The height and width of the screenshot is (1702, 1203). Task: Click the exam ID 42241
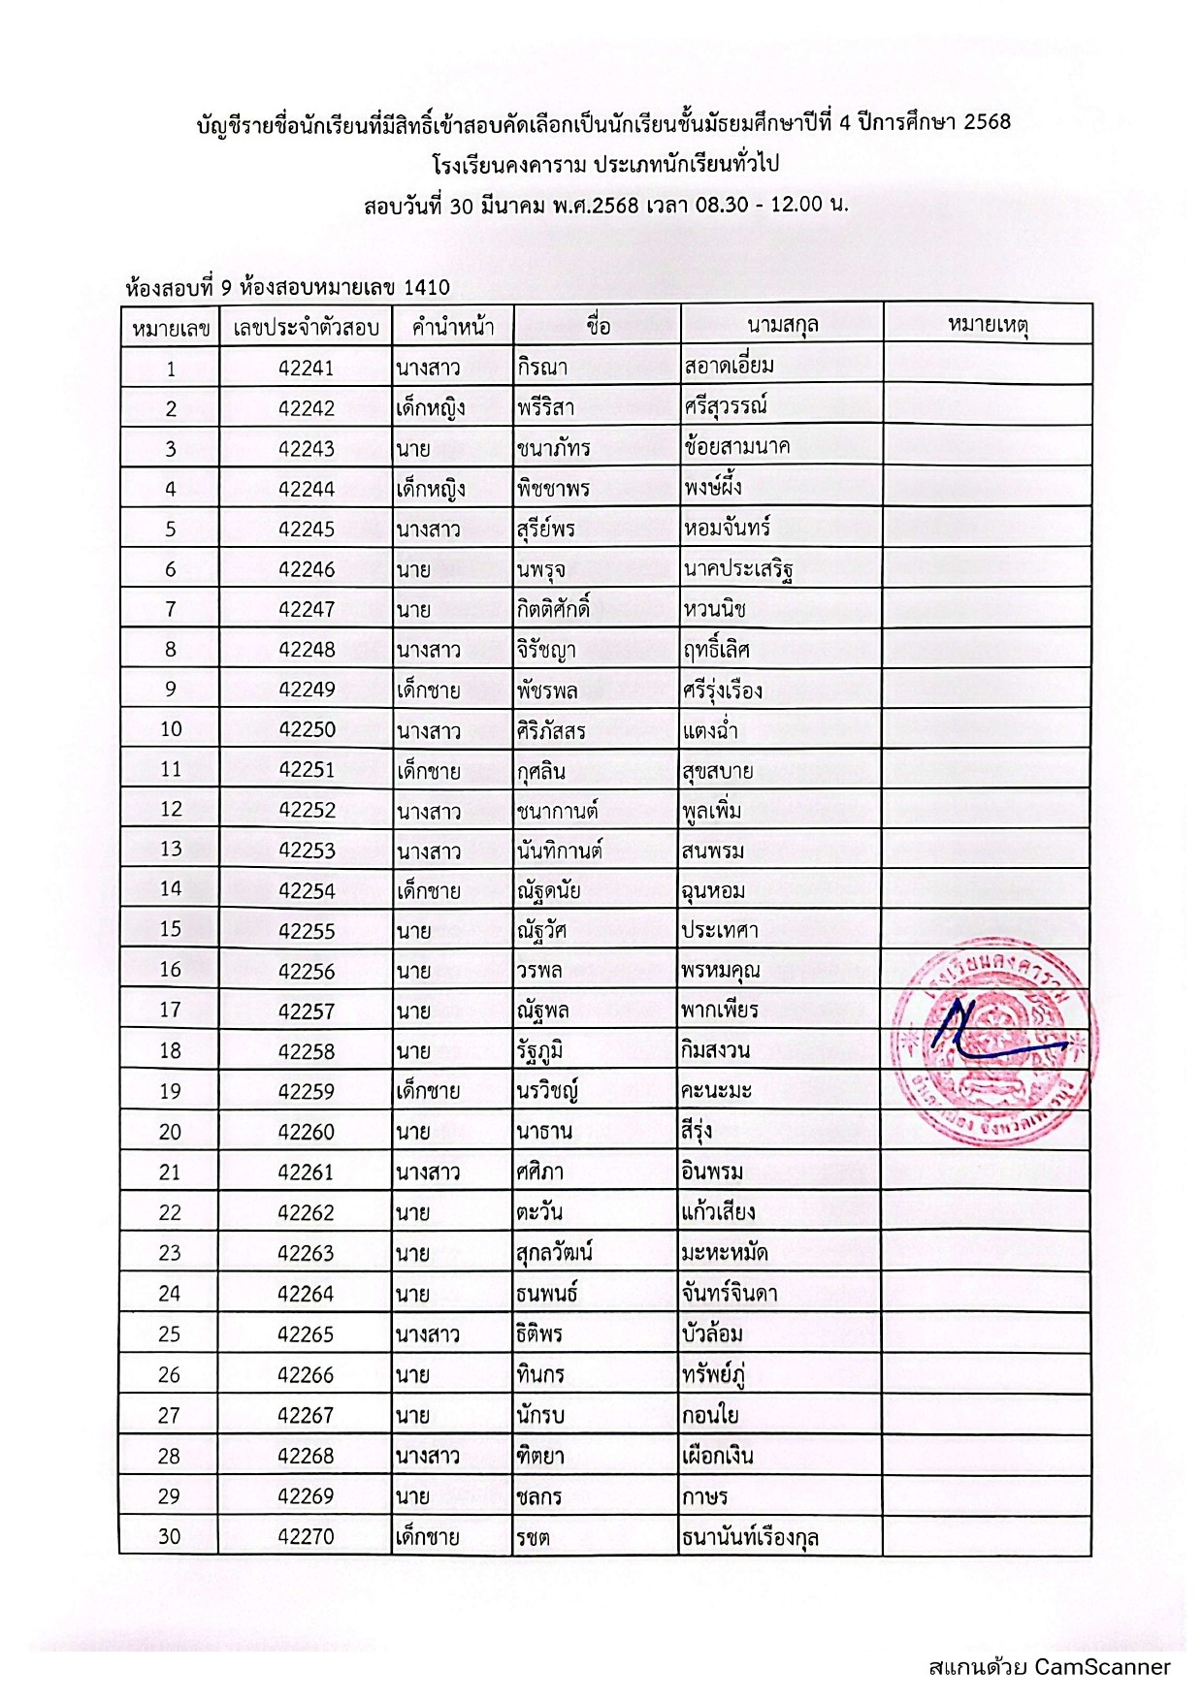306,369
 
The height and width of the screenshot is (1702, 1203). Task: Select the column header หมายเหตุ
987,325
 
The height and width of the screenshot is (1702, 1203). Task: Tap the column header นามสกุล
782,325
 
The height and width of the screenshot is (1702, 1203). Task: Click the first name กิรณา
542,369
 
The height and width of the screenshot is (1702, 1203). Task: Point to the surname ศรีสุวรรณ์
726,407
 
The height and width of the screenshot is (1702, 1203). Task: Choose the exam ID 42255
306,931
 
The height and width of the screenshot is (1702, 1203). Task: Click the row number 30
170,1536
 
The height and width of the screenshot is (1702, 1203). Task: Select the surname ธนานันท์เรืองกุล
750,1536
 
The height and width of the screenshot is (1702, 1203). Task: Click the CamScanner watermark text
1050,1667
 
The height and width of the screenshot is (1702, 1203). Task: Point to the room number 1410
426,287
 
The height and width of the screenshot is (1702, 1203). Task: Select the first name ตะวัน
539,1212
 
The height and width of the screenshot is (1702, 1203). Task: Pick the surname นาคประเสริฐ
739,568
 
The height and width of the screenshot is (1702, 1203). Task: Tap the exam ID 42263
306,1253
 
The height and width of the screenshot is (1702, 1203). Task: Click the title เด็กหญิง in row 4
430,489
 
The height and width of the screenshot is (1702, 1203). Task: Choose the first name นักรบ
540,1415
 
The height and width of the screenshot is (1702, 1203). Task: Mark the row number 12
171,810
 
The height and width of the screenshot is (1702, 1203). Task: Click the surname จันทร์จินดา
729,1294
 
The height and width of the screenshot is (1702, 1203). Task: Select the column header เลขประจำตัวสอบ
306,328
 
